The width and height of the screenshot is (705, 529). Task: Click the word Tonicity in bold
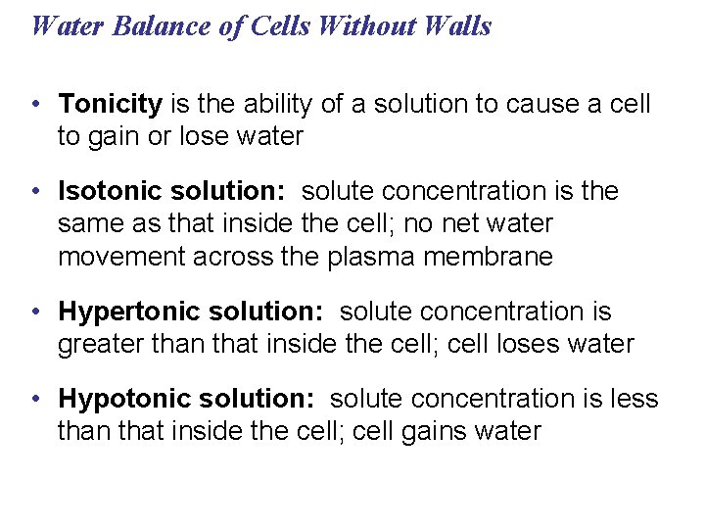111,104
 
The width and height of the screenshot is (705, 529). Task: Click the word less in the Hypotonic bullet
637,399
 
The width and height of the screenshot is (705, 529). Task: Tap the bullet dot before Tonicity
35,105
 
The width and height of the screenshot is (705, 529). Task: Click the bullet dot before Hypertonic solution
35,313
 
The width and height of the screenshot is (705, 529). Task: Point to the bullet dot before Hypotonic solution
35,400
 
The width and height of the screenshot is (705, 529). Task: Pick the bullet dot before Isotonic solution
35,192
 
